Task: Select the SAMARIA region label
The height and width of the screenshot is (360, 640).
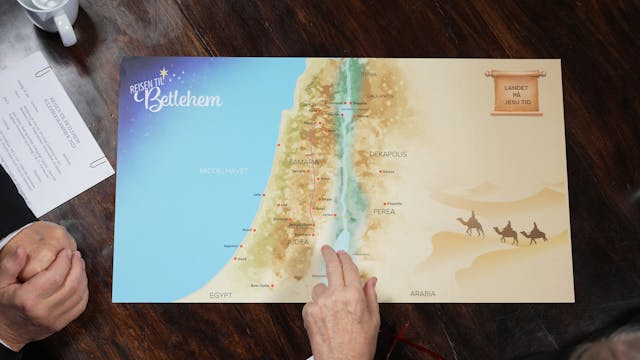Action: (304, 161)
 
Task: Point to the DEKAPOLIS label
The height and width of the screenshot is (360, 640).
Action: (388, 154)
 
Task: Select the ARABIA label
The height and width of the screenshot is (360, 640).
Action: (423, 293)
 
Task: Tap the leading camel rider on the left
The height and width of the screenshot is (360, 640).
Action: (471, 225)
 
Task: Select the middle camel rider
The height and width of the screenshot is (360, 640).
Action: (506, 232)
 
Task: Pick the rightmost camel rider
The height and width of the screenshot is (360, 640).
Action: (535, 234)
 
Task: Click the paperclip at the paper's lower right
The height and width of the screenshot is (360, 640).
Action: (97, 160)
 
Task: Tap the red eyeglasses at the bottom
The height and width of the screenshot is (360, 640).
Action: (400, 345)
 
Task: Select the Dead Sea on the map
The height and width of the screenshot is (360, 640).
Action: (335, 238)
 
